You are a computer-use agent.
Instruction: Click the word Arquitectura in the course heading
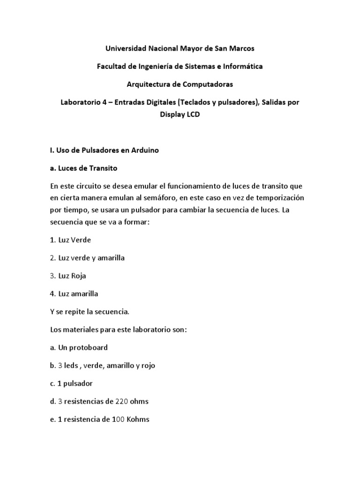(148, 84)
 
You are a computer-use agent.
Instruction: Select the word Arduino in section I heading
(146, 150)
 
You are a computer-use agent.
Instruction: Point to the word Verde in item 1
(81, 240)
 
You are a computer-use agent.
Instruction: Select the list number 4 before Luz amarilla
(52, 294)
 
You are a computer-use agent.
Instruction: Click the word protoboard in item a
(89, 347)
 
